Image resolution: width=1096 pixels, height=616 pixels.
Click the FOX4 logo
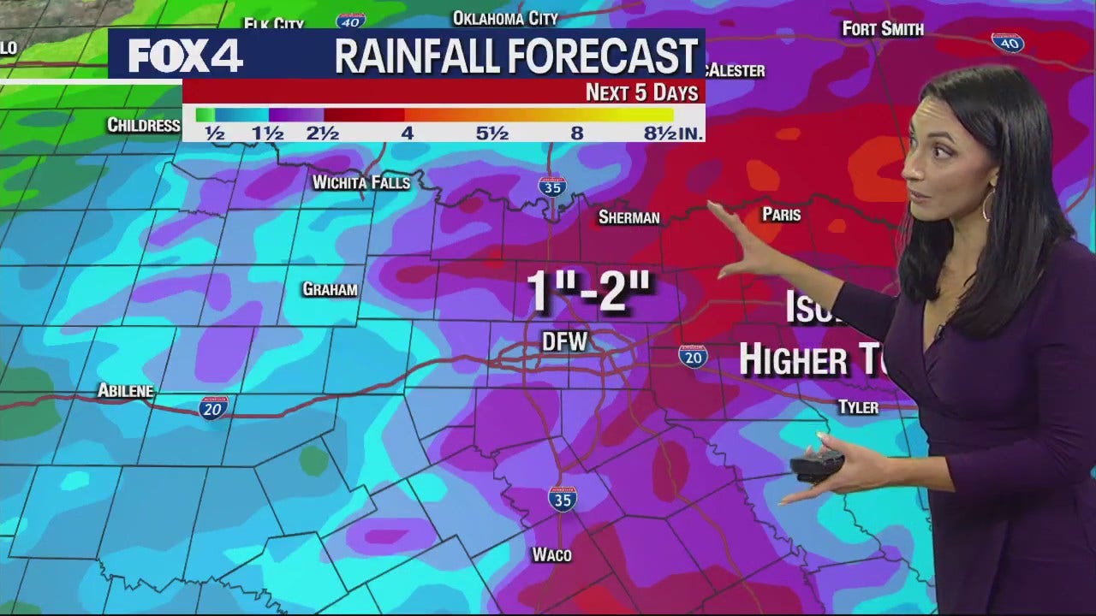pos(185,56)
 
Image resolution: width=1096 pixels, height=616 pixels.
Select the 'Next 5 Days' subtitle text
pos(641,92)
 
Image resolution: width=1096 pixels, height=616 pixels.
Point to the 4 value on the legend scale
pos(408,133)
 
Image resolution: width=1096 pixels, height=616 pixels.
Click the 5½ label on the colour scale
pos(492,133)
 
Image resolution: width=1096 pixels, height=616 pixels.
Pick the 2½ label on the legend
pos(322,133)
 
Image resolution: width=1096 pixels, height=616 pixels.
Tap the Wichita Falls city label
pos(360,182)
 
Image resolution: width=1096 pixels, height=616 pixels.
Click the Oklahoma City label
pos(505,18)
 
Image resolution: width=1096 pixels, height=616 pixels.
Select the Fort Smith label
pos(883,29)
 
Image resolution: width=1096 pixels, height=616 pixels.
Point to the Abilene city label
pos(125,391)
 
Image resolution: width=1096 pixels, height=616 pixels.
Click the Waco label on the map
pos(551,554)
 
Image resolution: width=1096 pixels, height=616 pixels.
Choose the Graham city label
pos(330,289)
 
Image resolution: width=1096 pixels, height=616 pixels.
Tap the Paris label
pos(781,214)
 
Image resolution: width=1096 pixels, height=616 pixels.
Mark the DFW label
pos(565,342)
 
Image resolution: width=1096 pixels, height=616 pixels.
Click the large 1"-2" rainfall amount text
pos(589,292)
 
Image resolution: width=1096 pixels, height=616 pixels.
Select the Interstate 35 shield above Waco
pos(563,498)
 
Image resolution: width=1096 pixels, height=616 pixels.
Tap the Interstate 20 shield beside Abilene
pos(213,407)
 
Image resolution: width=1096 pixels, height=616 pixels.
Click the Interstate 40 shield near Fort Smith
pos(1008,42)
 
